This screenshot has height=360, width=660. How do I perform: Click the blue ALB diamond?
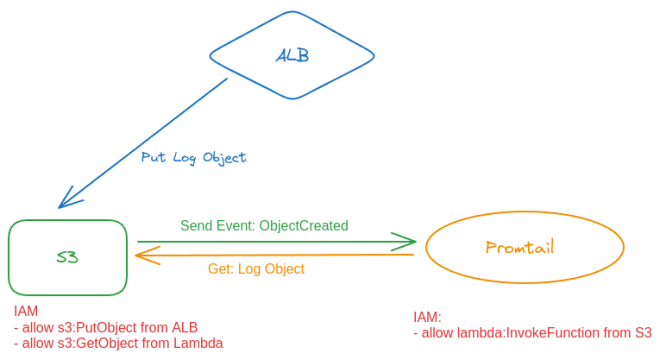(291, 55)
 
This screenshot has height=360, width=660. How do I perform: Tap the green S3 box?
(68, 257)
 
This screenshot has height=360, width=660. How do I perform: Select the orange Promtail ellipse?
(524, 247)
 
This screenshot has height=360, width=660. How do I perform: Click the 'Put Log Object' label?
(193, 158)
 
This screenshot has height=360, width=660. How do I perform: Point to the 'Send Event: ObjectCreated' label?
(264, 226)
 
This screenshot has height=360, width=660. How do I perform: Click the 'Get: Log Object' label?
(256, 269)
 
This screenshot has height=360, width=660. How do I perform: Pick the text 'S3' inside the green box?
(68, 257)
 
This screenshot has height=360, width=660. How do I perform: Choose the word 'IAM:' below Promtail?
(427, 317)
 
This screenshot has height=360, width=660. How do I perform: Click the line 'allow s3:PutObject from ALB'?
(106, 328)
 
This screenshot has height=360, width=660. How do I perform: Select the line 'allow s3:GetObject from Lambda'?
(118, 343)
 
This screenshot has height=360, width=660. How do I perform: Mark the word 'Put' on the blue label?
(153, 158)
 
